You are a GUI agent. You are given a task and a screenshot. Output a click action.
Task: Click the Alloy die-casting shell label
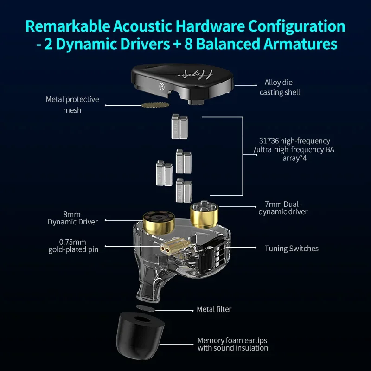pyautogui.click(x=282, y=88)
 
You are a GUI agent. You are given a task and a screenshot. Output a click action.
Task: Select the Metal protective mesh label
pyautogui.click(x=72, y=105)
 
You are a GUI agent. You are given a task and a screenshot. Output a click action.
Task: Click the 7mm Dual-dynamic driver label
pyautogui.click(x=286, y=208)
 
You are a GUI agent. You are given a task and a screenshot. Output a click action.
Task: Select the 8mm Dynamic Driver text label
pyautogui.click(x=73, y=218)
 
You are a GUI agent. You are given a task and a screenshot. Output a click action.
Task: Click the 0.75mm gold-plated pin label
pyautogui.click(x=73, y=246)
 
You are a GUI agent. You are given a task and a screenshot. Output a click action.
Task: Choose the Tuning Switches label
pyautogui.click(x=291, y=249)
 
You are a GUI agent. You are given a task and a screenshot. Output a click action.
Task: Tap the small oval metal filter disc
pyautogui.click(x=146, y=308)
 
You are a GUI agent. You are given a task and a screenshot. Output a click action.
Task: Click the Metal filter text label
pyautogui.click(x=214, y=309)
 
